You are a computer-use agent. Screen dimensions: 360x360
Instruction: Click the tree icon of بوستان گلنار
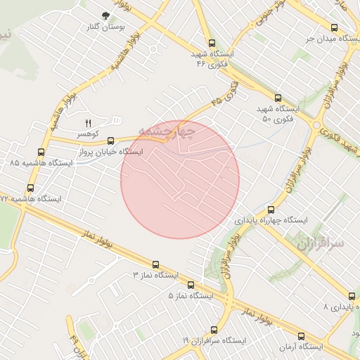105,15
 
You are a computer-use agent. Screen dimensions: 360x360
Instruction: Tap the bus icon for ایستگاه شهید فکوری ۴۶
212,43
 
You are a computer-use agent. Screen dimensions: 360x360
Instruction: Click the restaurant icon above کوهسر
89,123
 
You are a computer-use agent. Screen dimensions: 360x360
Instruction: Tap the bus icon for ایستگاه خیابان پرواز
110,141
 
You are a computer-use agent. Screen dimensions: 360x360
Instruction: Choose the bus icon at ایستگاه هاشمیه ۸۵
41,152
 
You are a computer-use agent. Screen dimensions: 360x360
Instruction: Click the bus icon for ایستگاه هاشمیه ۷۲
30,188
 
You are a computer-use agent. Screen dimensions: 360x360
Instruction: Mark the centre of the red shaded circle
180,179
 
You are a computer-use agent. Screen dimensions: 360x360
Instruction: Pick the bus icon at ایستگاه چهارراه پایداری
271,209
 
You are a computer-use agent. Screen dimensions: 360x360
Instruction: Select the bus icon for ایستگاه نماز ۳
155,264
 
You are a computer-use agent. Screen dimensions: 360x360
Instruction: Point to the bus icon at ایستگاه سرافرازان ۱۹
214,329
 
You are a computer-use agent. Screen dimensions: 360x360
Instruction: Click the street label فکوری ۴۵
224,95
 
